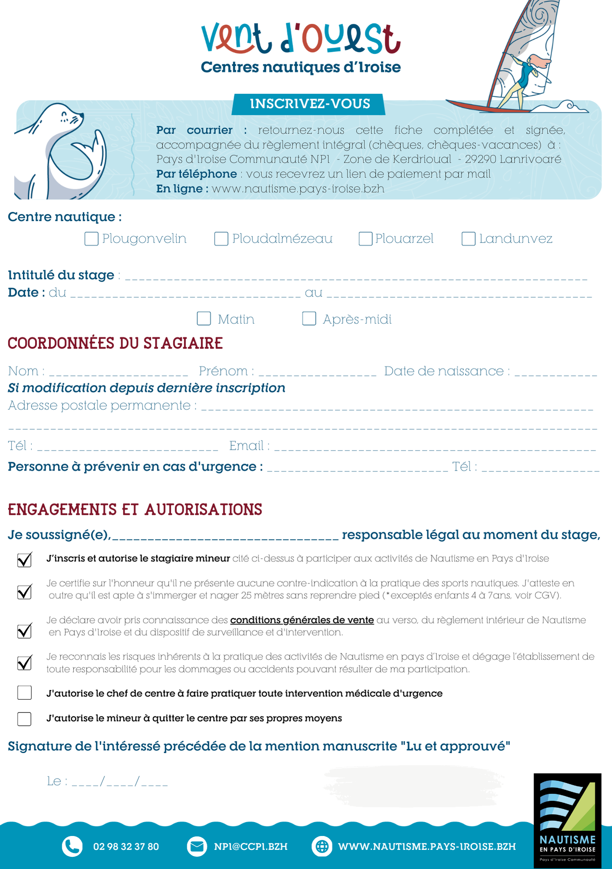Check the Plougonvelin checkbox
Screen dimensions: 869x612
point(91,239)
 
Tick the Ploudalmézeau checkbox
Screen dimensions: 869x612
point(221,239)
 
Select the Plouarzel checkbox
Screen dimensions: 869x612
point(365,239)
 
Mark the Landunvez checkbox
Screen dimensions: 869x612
point(468,239)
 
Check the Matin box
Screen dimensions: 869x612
point(204,318)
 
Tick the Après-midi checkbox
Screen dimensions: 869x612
point(309,318)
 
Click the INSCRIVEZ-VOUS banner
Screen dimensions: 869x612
point(309,104)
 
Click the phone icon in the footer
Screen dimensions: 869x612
point(72,846)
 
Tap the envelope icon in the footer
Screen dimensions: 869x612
point(197,846)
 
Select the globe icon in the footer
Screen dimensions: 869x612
point(322,846)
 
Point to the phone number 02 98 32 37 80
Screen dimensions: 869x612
point(126,846)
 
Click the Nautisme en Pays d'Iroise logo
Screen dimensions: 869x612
point(567,820)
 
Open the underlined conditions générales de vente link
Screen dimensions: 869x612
point(302,620)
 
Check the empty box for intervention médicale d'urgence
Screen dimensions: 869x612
point(24,693)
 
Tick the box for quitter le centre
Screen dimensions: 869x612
point(24,719)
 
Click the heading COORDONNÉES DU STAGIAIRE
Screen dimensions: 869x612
point(115,343)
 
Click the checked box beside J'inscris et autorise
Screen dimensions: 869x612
point(24,560)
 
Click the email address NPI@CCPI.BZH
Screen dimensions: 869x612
point(251,846)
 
